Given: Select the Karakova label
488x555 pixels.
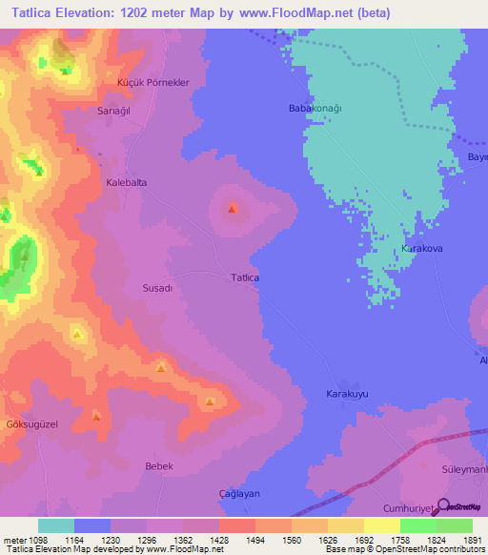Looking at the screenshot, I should pyautogui.click(x=422, y=248).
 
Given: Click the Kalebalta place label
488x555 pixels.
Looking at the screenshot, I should pyautogui.click(x=126, y=181).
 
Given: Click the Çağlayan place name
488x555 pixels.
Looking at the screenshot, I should pyautogui.click(x=239, y=493).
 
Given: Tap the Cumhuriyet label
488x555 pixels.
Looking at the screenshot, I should pyautogui.click(x=408, y=508).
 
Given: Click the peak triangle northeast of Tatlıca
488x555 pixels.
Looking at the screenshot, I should pyautogui.click(x=233, y=209).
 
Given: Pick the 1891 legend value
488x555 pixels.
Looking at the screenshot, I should pyautogui.click(x=471, y=539).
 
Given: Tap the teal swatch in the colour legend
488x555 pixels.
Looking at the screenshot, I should pyautogui.click(x=56, y=525).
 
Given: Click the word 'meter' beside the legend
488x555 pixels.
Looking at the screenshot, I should pyautogui.click(x=13, y=539).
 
